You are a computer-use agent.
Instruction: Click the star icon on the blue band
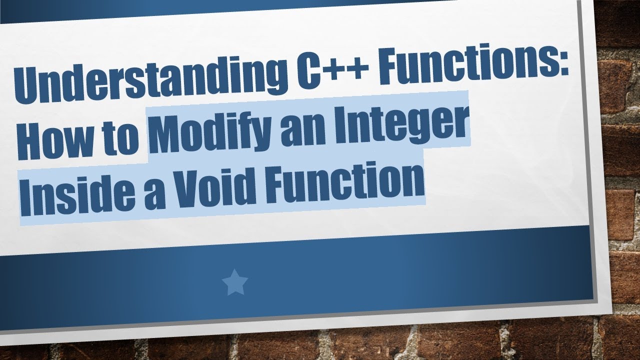click(x=234, y=282)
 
